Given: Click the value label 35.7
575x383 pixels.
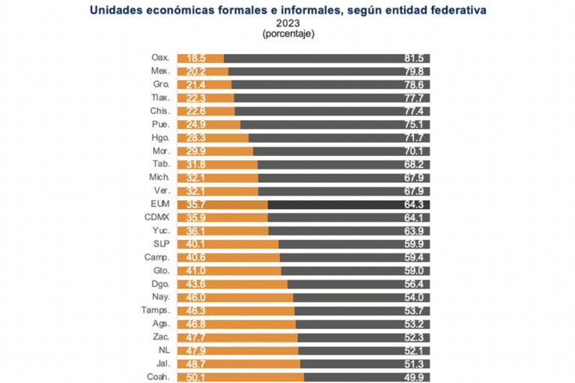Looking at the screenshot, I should (x=198, y=205).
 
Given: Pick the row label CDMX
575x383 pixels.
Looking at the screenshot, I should (x=158, y=217).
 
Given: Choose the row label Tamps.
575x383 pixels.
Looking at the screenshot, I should (x=156, y=310).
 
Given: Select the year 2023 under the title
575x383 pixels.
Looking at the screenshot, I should (x=287, y=23).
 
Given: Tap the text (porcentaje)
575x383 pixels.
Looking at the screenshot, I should (x=287, y=34).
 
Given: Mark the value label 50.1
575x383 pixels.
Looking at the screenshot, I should (x=198, y=377).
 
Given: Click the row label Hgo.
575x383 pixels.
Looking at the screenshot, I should (x=160, y=138).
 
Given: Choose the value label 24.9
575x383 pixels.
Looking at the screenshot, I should (x=198, y=124).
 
